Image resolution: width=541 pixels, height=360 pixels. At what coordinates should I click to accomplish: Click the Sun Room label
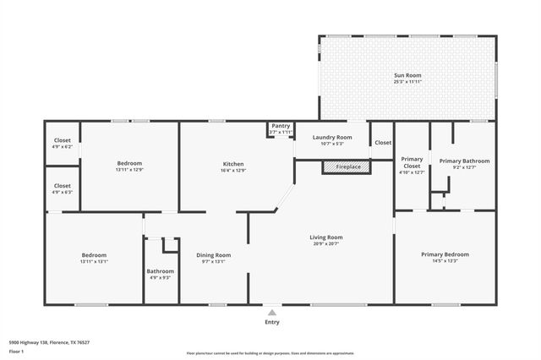pos(407,75)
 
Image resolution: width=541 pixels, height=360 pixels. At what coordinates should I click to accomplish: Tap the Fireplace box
pos(347,167)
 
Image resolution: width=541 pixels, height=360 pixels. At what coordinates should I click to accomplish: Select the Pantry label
pos(280,126)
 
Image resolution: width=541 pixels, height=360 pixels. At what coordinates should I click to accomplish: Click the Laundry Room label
pos(331,137)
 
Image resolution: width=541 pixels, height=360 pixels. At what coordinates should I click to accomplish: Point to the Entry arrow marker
pos(271,311)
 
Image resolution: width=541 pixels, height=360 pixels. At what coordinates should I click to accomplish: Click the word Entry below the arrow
pos(271,322)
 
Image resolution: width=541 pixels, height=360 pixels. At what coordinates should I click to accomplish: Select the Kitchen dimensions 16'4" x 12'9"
pos(233,171)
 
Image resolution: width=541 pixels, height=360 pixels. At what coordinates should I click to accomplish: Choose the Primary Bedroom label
pos(445,254)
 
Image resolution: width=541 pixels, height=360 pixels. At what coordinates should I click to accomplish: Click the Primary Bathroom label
pos(464,161)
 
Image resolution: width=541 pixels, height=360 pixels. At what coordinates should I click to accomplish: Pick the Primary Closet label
pos(412,162)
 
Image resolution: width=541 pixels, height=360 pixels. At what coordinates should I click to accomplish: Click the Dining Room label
pos(214,254)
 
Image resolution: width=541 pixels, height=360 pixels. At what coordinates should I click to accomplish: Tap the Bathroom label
pos(160,271)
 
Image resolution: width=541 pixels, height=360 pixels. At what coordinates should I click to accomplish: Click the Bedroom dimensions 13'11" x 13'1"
pos(94,262)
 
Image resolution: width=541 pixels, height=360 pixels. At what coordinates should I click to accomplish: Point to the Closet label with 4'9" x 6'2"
pos(63,140)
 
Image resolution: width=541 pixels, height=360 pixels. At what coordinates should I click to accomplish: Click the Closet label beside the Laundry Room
pos(383,143)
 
